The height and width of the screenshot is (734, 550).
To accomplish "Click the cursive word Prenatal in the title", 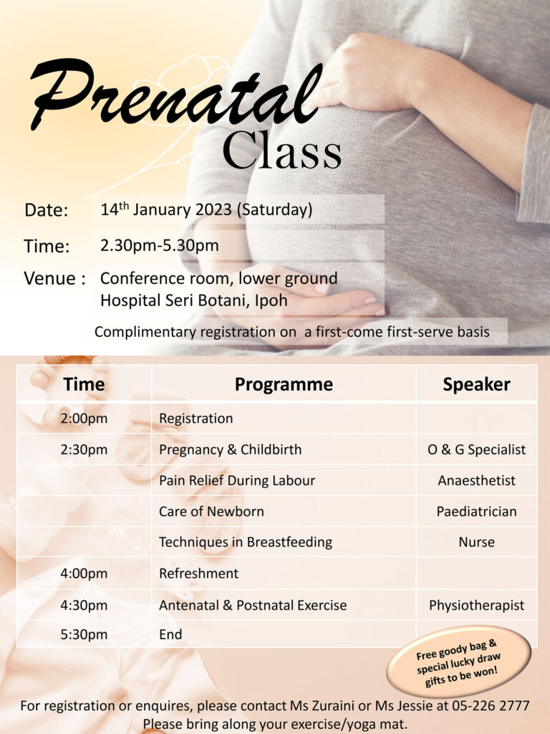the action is (x=176, y=94).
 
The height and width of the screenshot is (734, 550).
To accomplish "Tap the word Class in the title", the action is (x=282, y=151).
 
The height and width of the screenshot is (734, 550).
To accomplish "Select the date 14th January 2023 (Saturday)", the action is (x=206, y=209).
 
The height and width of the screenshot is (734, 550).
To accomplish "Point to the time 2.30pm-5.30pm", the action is (x=160, y=245).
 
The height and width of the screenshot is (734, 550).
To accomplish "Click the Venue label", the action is (x=54, y=279).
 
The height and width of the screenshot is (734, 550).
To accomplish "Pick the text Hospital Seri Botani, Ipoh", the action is (x=193, y=300).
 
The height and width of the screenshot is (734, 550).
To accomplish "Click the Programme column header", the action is (x=284, y=384).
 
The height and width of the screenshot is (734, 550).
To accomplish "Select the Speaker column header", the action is (x=476, y=384).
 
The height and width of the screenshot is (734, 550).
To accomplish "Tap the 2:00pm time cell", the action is (x=84, y=418).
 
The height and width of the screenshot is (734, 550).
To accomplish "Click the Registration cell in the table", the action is (x=196, y=419).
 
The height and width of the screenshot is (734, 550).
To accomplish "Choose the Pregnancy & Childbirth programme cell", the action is (x=230, y=449).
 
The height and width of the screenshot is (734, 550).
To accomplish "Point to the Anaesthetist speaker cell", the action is (x=476, y=480).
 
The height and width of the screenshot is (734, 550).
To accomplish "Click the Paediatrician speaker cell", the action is (x=476, y=511).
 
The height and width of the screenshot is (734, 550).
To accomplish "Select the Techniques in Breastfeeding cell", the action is (x=246, y=542).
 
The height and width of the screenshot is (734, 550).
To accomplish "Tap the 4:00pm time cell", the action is (x=84, y=573).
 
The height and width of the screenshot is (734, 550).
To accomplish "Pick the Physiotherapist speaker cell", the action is (x=476, y=605).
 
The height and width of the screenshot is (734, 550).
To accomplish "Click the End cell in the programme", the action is (x=170, y=634).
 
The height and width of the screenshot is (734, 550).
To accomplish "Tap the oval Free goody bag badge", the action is (x=459, y=662).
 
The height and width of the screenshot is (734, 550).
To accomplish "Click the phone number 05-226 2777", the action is (x=491, y=705).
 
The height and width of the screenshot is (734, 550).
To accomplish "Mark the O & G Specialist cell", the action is (x=476, y=449).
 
